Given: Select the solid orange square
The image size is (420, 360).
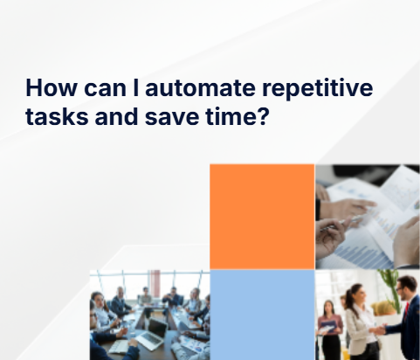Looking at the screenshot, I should (x=261, y=216).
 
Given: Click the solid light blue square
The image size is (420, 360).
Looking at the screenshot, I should (x=261, y=315).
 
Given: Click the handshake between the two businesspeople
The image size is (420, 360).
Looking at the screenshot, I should (x=382, y=329).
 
